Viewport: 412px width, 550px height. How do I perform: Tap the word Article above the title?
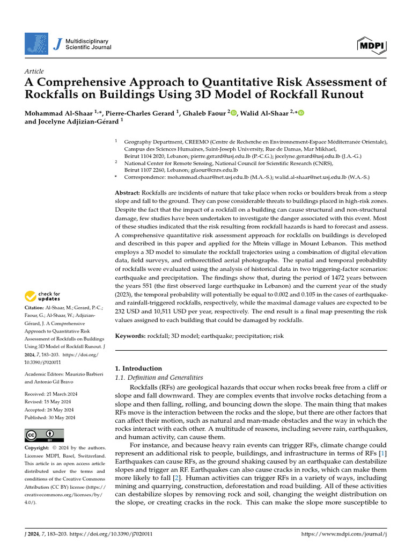click(x=34, y=71)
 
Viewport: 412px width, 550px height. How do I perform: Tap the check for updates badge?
click(x=43, y=296)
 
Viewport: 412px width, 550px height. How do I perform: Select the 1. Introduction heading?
click(x=139, y=368)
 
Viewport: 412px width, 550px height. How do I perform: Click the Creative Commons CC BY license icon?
click(x=44, y=435)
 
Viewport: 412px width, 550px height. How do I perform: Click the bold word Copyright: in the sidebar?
click(x=40, y=448)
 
